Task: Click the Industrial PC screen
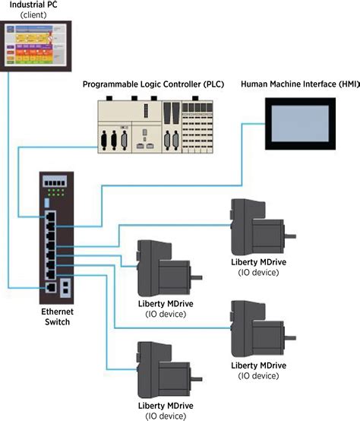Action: tap(39, 46)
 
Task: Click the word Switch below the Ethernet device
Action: tap(55, 322)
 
